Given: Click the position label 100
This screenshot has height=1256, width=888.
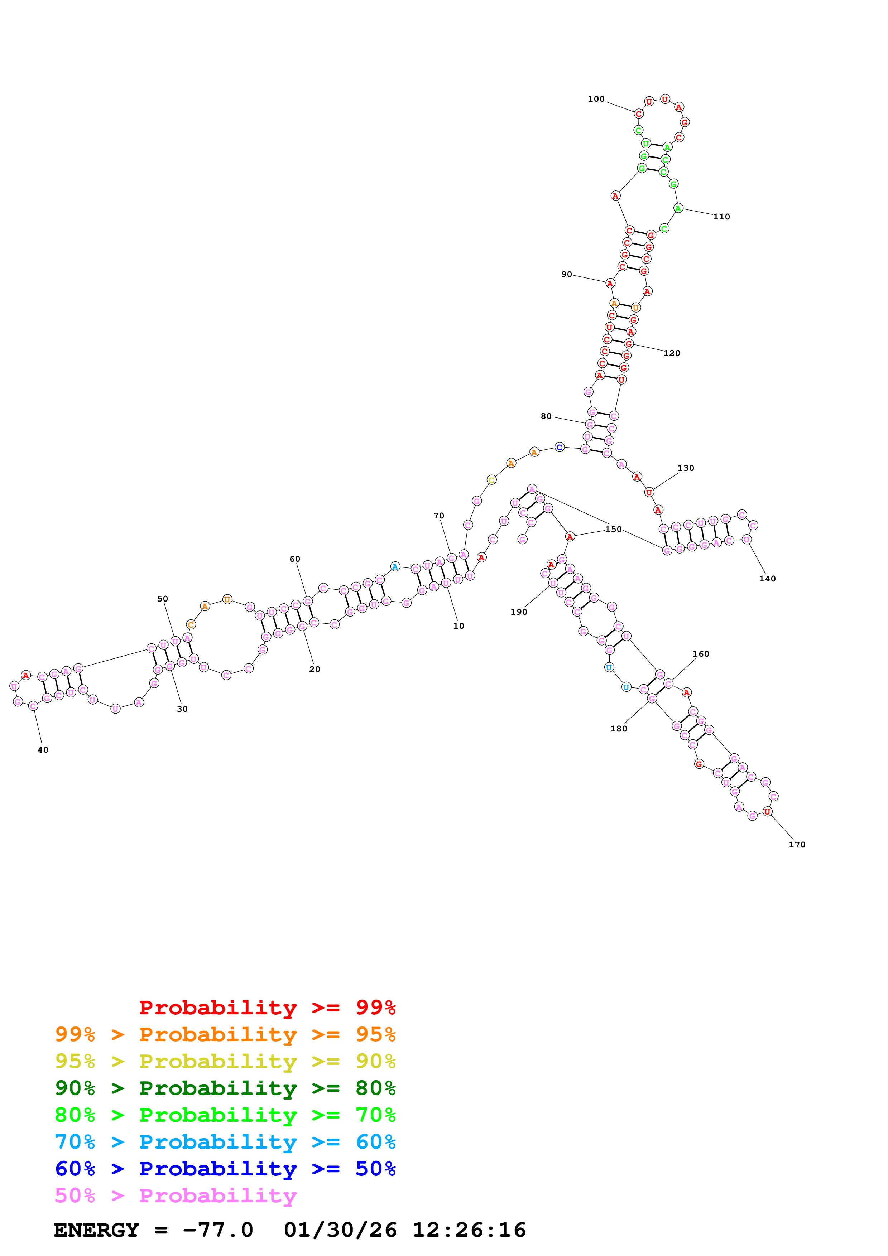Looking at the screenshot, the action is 596,99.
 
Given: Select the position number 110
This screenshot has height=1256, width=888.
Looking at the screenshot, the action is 721,217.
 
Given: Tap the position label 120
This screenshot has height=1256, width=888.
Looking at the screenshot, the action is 671,353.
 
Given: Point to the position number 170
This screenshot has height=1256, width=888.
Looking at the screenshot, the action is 797,845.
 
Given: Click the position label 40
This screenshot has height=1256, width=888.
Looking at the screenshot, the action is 43,750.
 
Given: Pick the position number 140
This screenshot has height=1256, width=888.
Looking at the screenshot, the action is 767,579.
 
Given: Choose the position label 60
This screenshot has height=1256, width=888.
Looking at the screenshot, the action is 294,559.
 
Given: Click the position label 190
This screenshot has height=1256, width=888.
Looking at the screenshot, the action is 519,612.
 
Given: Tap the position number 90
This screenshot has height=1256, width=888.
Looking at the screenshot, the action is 566,275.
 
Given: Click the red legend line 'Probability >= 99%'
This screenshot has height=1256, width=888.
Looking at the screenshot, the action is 267,1007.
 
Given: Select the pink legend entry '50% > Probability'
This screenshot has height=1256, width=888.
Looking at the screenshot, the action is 176,1195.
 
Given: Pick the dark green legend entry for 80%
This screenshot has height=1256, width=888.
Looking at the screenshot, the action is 225,1088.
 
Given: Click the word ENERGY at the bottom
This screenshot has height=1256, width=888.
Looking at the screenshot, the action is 96,1230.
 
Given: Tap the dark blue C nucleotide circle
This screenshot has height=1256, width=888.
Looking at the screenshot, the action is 559,448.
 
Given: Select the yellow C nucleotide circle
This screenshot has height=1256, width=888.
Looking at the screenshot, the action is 491,480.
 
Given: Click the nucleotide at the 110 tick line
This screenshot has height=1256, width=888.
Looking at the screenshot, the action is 678,208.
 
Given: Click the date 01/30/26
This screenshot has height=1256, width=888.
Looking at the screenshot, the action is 340,1230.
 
